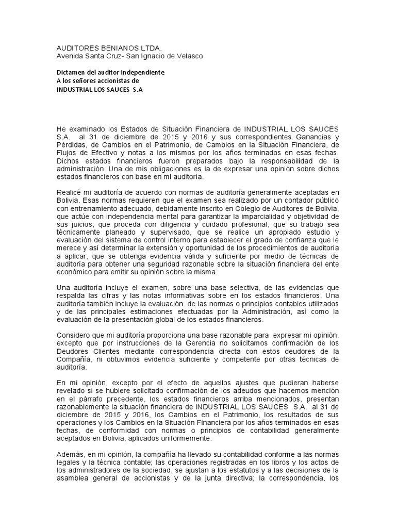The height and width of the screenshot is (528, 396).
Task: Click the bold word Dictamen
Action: [x=72, y=73]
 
